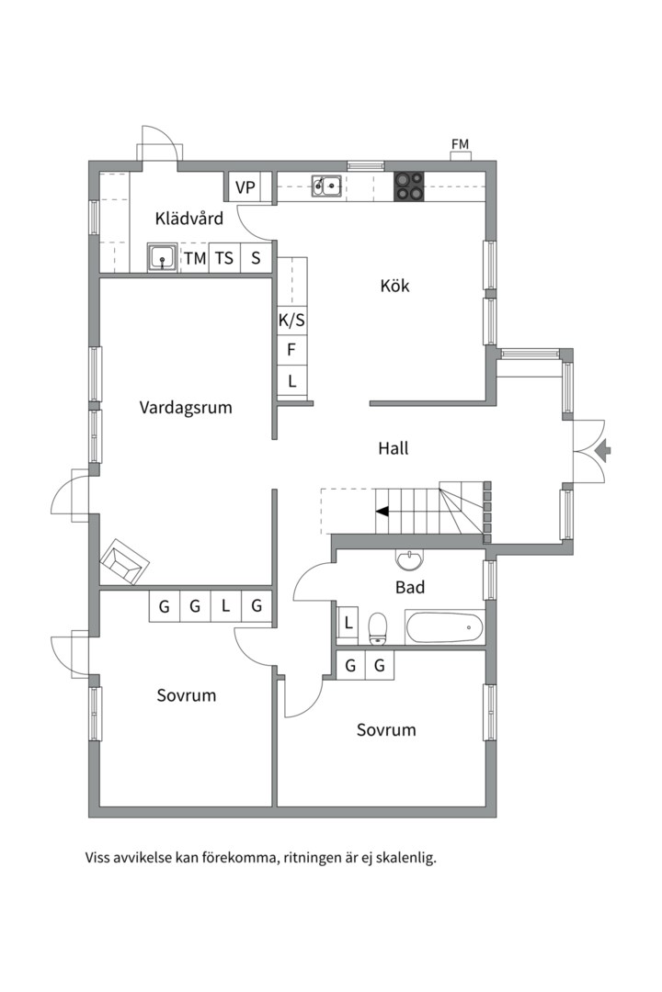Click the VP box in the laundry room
[x=245, y=187]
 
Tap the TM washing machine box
[x=195, y=258]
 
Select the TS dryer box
[x=224, y=258]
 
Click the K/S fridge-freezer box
[x=291, y=321]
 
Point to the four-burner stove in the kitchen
[x=408, y=186]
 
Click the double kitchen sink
[x=327, y=186]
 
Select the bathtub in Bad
[x=444, y=627]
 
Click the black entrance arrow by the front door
[x=604, y=450]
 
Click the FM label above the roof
[x=460, y=144]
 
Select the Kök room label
[x=394, y=286]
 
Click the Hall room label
[x=394, y=448]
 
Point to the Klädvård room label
[x=188, y=219]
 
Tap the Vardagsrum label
[x=186, y=408]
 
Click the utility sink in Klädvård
[x=164, y=258]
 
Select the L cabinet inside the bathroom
[x=348, y=624]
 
